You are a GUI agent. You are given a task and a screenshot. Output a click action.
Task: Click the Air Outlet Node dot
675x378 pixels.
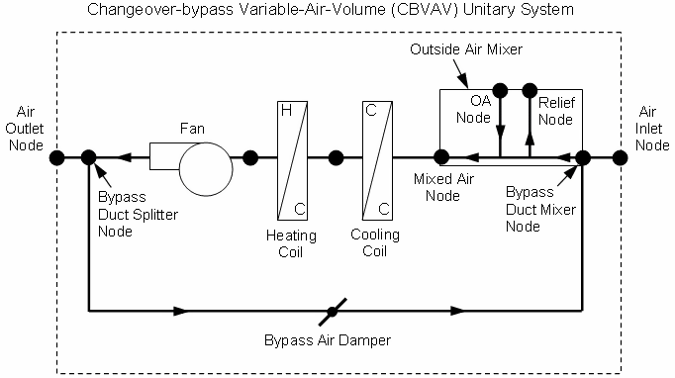57,156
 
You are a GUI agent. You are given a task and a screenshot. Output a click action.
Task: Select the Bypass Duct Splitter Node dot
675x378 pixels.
89,156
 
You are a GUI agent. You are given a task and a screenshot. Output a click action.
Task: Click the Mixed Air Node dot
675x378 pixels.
441,156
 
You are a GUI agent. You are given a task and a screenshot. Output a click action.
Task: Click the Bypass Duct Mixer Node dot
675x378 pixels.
583,156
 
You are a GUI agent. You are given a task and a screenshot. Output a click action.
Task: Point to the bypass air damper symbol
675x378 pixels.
333,310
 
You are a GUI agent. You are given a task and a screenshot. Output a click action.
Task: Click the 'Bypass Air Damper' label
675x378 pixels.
327,341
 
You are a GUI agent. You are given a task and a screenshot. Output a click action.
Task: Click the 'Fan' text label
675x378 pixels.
192,129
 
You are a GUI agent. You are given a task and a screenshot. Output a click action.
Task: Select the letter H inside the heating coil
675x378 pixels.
285,111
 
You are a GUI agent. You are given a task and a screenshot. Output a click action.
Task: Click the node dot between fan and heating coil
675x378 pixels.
250,156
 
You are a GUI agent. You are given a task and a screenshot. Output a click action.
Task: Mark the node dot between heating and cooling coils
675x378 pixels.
336,156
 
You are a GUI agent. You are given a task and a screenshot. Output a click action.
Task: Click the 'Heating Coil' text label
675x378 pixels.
291,243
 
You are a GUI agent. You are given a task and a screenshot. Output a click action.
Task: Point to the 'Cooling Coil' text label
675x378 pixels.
375,243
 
